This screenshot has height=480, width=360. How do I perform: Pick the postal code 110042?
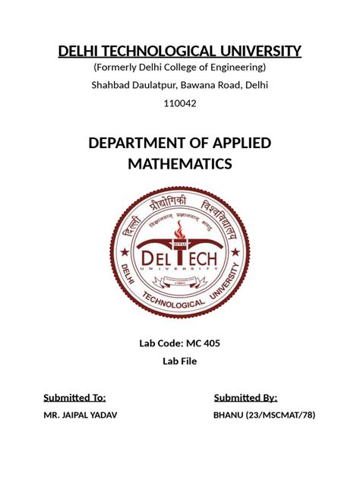pyautogui.click(x=180, y=103)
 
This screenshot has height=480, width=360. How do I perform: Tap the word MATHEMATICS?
pyautogui.click(x=180, y=164)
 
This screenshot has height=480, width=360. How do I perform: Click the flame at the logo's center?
pyautogui.click(x=179, y=231)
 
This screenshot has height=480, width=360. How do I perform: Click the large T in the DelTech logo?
pyautogui.click(x=180, y=258)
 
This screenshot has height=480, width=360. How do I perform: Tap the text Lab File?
pyautogui.click(x=180, y=361)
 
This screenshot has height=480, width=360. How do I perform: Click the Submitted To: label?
pyautogui.click(x=74, y=397)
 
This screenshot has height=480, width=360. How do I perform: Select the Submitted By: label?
pyautogui.click(x=245, y=397)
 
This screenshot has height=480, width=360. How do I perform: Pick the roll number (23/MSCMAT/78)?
pyautogui.click(x=278, y=415)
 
